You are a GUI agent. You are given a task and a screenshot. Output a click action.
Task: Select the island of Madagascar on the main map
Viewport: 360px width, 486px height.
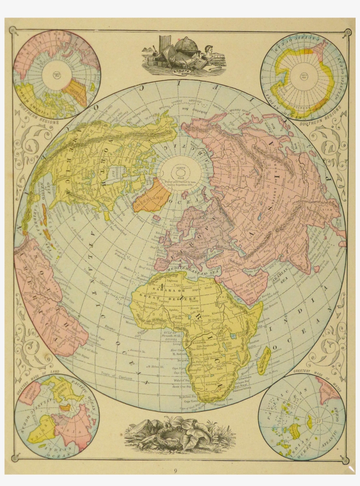click(x=264, y=360)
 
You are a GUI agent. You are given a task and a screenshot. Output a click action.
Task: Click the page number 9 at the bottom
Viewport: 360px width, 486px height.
click(x=175, y=471)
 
